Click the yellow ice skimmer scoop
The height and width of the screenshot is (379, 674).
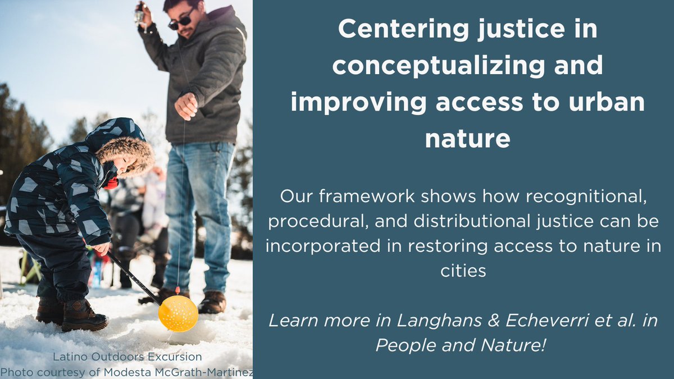click(x=178, y=313)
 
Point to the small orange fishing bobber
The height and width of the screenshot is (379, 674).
click(x=177, y=290)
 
